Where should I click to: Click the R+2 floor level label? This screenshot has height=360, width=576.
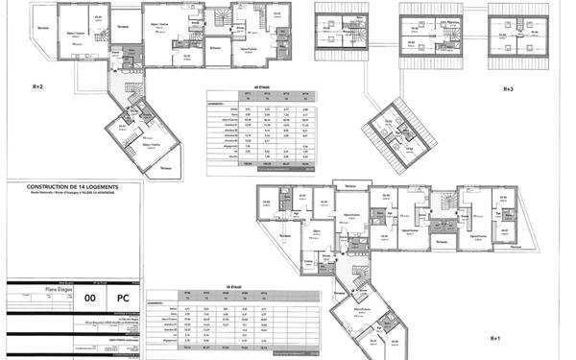pyautogui.click(x=38, y=86)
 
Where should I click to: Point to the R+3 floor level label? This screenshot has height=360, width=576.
pyautogui.click(x=509, y=89)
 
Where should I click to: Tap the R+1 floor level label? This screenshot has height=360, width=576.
pyautogui.click(x=495, y=339)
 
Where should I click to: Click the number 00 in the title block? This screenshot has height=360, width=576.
pyautogui.click(x=90, y=300)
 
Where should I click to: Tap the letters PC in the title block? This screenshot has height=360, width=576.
pyautogui.click(x=122, y=300)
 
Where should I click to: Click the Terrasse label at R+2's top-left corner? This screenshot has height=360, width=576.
pyautogui.click(x=44, y=27)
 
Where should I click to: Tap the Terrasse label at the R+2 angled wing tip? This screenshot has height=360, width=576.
pyautogui.click(x=167, y=169)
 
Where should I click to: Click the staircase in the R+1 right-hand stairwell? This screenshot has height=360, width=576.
pyautogui.click(x=444, y=204)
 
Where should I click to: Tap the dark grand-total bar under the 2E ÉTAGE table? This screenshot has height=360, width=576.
pyautogui.click(x=252, y=166)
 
